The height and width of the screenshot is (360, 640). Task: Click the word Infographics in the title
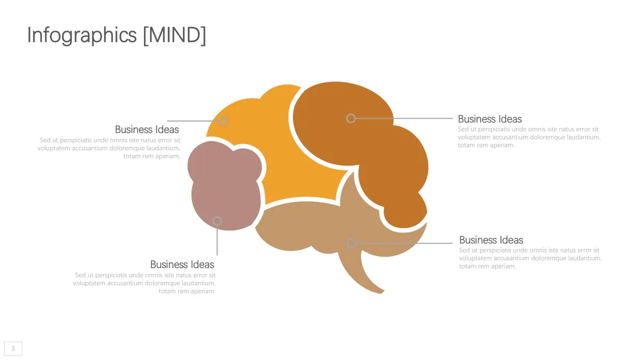82,35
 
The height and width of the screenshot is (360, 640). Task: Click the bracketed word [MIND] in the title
174,35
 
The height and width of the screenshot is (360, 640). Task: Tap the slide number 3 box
13,349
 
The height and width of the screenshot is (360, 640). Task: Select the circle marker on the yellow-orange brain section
223,121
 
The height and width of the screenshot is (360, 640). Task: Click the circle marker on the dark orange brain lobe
351,118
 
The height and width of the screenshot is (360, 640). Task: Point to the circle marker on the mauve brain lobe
217,221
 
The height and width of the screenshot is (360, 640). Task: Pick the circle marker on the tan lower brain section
351,243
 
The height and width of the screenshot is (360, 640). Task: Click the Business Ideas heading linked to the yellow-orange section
147,130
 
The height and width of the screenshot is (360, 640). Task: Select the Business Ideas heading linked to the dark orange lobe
490,119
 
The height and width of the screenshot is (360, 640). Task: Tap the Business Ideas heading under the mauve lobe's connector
182,265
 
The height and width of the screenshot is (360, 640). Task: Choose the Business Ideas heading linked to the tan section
491,240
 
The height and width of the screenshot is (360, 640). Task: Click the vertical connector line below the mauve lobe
217,241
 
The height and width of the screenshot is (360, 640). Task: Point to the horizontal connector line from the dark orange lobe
404,118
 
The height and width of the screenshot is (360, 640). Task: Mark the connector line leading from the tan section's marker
404,243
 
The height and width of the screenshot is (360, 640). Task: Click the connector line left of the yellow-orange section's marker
193,121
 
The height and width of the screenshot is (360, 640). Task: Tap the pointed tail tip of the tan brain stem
382,293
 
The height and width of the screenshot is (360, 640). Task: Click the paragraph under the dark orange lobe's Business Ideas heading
529,137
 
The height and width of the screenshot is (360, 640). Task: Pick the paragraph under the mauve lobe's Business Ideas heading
145,283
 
